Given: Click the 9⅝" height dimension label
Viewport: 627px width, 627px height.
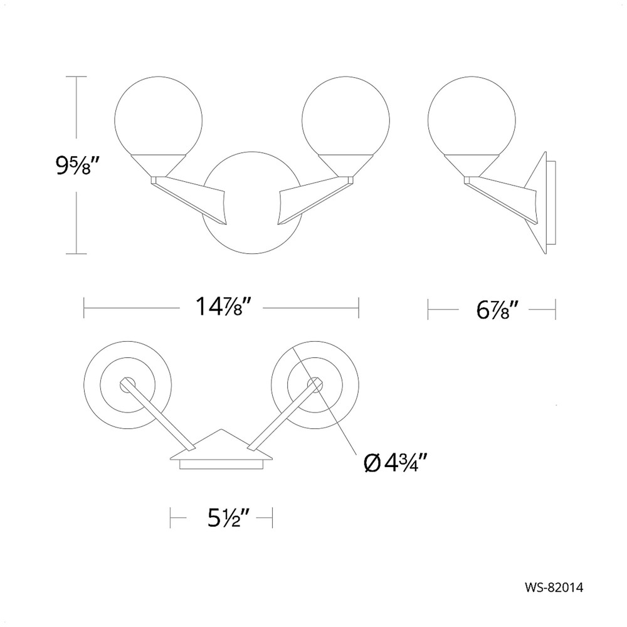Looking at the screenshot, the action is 76,165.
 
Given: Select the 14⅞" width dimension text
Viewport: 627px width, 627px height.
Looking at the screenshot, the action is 221,308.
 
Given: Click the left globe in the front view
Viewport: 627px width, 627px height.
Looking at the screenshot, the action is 158,117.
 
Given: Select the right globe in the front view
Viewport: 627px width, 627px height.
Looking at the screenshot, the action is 346,117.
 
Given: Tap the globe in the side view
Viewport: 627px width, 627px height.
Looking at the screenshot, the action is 472,117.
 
